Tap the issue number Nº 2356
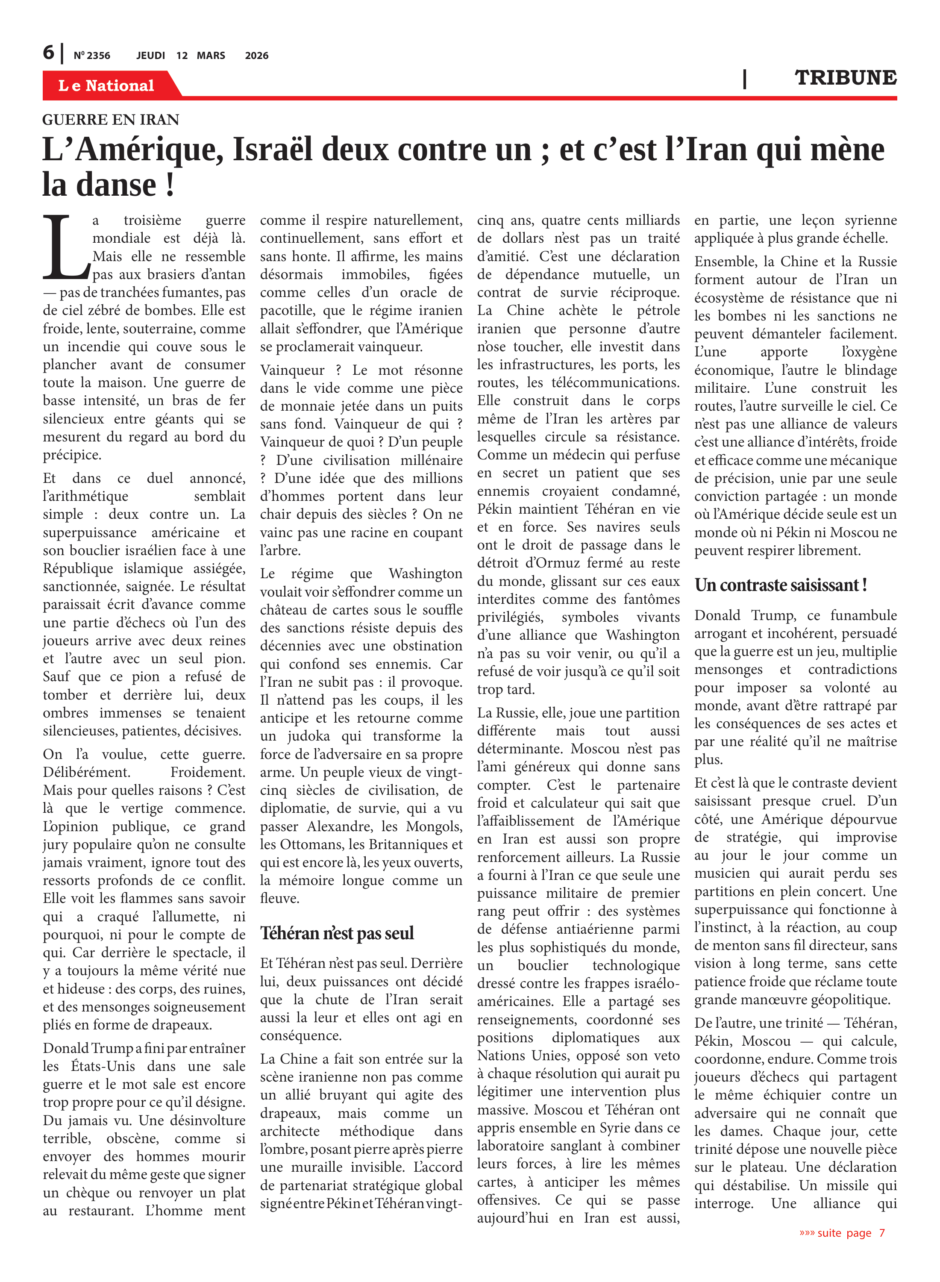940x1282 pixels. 91,56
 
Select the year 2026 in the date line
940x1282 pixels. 257,56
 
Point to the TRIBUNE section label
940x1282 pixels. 845,78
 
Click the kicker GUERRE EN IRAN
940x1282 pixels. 111,120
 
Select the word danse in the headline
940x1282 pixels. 116,185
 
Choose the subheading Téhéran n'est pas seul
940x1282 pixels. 337,933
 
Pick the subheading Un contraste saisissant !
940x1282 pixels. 780,585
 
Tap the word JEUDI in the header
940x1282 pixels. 151,56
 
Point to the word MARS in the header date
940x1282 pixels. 211,56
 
